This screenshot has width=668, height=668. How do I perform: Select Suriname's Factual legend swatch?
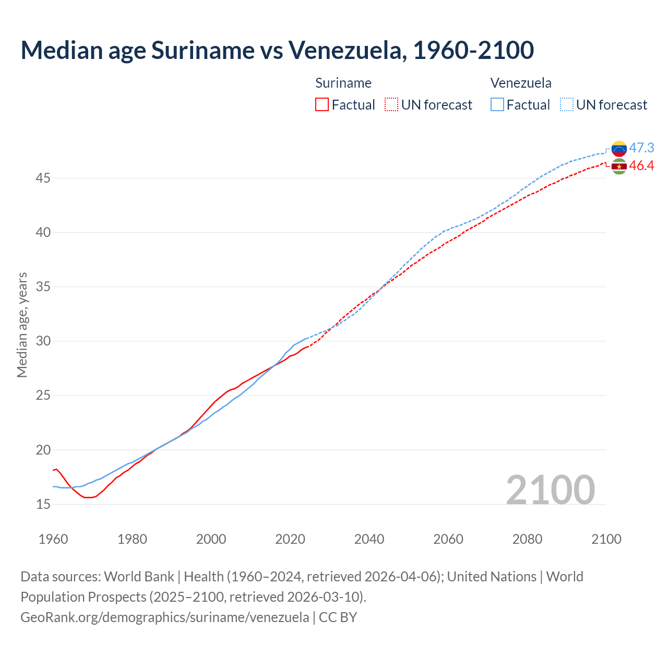[322, 104]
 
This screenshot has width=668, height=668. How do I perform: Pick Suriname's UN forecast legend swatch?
[391, 104]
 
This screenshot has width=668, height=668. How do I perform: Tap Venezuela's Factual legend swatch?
[497, 104]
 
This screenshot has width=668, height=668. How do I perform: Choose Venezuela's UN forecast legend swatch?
[567, 104]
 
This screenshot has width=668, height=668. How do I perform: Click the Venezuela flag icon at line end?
[619, 149]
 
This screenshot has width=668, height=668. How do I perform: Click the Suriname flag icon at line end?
[619, 166]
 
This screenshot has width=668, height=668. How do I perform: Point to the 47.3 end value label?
[641, 148]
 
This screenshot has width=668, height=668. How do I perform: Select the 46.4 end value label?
[641, 166]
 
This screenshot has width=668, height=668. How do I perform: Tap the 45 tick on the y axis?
[43, 178]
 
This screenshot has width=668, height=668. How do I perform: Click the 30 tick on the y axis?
[43, 341]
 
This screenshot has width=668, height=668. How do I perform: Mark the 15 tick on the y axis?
[43, 504]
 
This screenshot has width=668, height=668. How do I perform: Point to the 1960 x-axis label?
[53, 539]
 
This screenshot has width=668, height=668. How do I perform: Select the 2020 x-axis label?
[290, 539]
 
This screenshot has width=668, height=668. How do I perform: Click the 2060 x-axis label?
[448, 539]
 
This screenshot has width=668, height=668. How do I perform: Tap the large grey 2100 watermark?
[551, 490]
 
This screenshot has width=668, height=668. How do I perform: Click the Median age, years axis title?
[22, 325]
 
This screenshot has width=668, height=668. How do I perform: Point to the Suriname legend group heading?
[343, 83]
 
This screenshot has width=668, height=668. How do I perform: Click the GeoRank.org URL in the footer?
[164, 617]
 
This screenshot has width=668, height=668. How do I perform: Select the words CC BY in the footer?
[338, 617]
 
